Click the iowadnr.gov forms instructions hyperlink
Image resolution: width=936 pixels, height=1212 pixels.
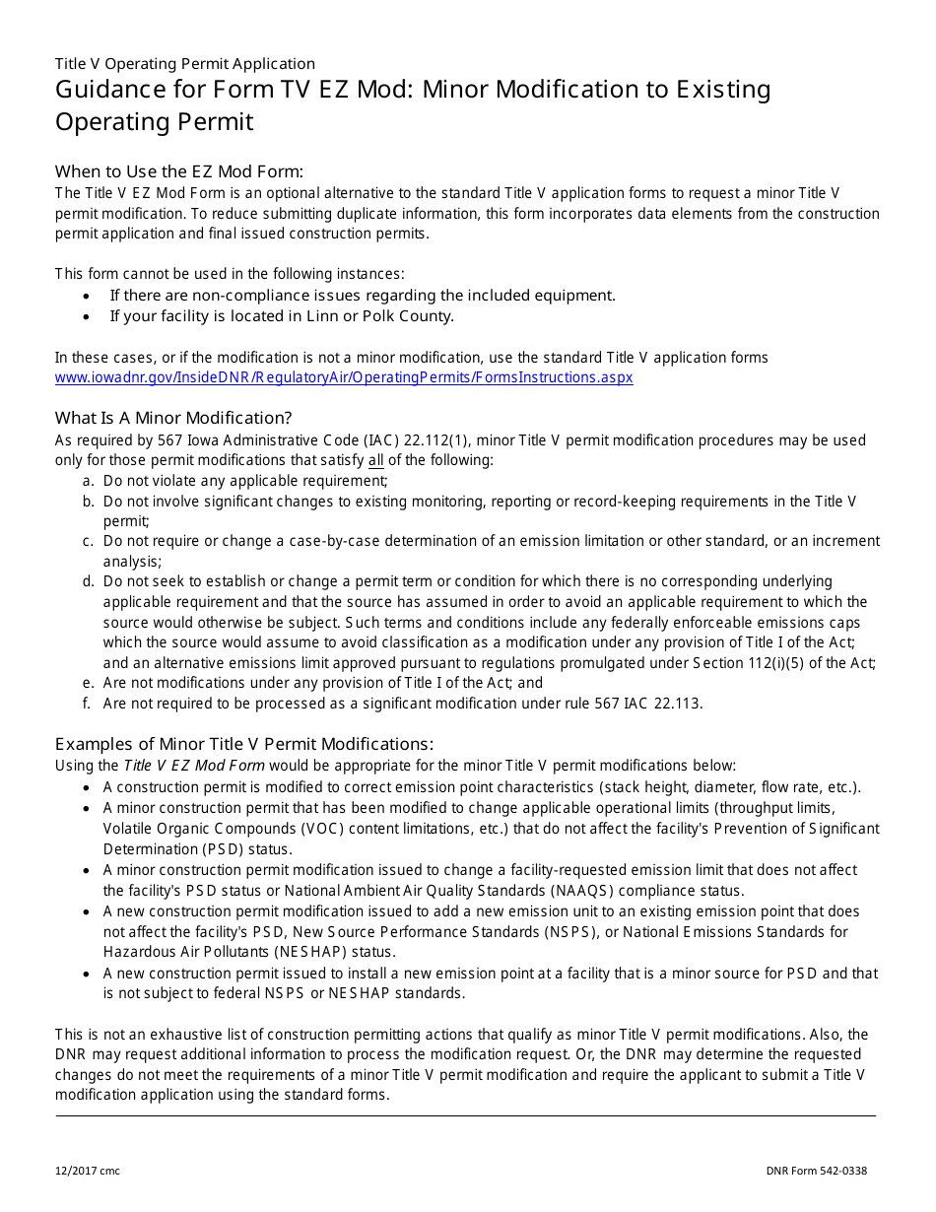tap(344, 377)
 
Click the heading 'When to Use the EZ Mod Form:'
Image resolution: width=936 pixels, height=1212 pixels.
tap(179, 170)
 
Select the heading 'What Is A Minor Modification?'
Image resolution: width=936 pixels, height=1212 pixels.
tap(173, 418)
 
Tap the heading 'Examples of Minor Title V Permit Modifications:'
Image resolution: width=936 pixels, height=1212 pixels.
tap(243, 744)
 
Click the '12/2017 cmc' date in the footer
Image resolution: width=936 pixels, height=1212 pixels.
tap(88, 1171)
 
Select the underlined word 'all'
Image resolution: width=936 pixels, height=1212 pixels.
tap(376, 460)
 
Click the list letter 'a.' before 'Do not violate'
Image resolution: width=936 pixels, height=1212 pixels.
tap(89, 481)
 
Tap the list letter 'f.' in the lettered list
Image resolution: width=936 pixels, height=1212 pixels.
tap(89, 704)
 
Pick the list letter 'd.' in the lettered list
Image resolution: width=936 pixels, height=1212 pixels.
tap(89, 581)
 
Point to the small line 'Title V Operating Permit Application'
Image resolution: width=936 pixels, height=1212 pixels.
tap(185, 64)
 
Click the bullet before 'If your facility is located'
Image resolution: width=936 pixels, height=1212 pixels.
tap(88, 317)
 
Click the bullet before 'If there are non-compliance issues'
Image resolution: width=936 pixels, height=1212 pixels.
tap(88, 296)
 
